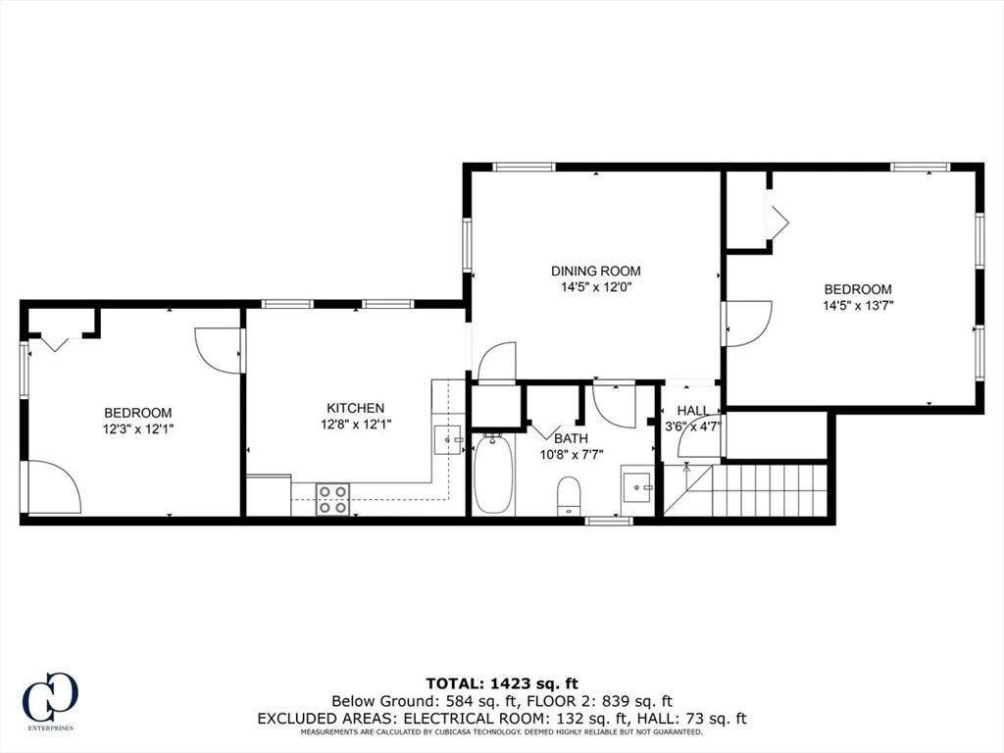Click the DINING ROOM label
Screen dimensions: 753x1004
pos(595,271)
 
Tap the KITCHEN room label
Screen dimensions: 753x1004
pos(355,408)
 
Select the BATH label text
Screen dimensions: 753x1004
pos(572,438)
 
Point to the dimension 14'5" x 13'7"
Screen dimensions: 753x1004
pos(858,305)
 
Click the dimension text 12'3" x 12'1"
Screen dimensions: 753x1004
pos(138,428)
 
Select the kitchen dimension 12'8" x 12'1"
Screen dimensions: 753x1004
pos(355,424)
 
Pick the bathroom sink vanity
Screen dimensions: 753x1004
pos(638,486)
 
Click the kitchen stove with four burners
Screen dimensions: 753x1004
pos(332,499)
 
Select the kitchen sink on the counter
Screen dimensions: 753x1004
pos(449,439)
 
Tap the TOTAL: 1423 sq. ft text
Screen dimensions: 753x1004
pos(501,682)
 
